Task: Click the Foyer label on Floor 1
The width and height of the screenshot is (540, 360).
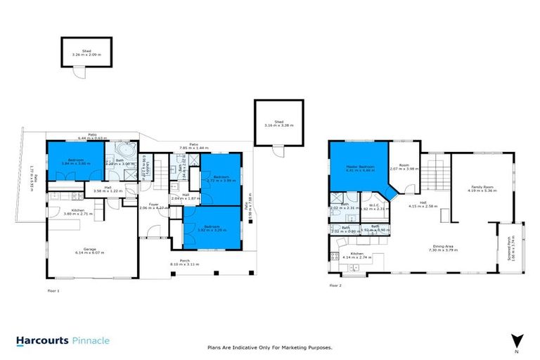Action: (152, 205)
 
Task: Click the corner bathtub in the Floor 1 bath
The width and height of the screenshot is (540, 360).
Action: (127, 152)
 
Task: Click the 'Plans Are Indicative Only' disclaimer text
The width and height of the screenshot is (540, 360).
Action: (270, 347)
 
